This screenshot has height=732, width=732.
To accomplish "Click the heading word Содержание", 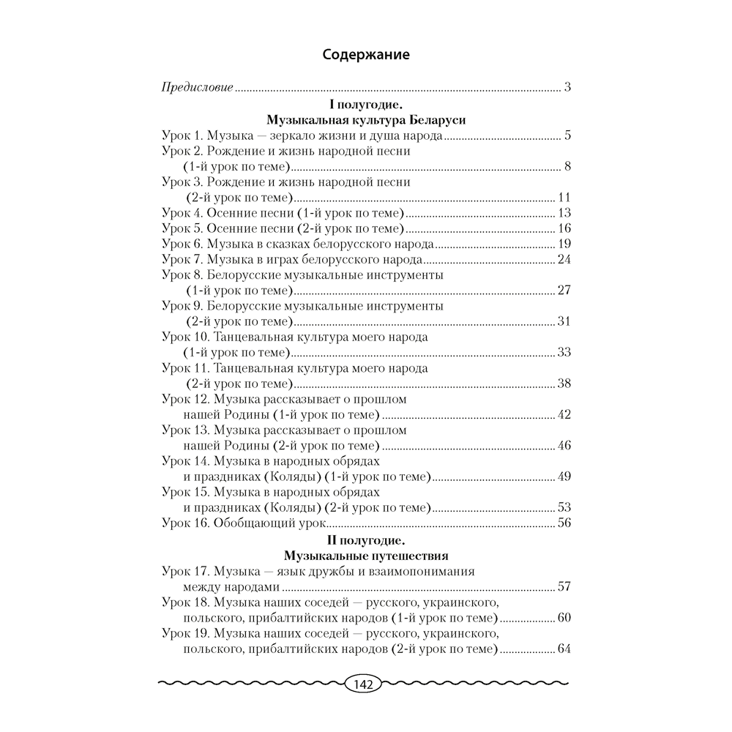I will (366, 54).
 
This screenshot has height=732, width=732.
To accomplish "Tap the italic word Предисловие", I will (197, 88).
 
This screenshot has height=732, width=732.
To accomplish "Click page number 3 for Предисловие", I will (567, 88).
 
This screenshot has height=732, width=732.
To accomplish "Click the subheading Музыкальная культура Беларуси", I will (366, 121).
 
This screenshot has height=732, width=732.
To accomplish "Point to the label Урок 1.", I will (181, 136).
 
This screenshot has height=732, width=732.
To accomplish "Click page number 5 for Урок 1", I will (567, 136).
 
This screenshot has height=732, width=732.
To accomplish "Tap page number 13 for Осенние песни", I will (563, 213).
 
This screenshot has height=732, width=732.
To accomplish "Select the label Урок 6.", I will (181, 244).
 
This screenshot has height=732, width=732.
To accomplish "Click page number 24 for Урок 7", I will (563, 259).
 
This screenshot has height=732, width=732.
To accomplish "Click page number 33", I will (563, 352).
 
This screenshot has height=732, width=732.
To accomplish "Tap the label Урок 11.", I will (184, 367).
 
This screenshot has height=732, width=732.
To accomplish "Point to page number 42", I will (563, 414).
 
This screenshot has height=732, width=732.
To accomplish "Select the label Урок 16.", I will (184, 522).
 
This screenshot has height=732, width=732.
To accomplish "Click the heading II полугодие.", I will (366, 540).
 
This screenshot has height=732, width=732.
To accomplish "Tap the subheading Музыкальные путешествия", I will (366, 556).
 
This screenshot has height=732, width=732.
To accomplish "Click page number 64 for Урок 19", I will (563, 649).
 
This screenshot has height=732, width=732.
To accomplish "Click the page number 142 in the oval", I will (364, 685).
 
